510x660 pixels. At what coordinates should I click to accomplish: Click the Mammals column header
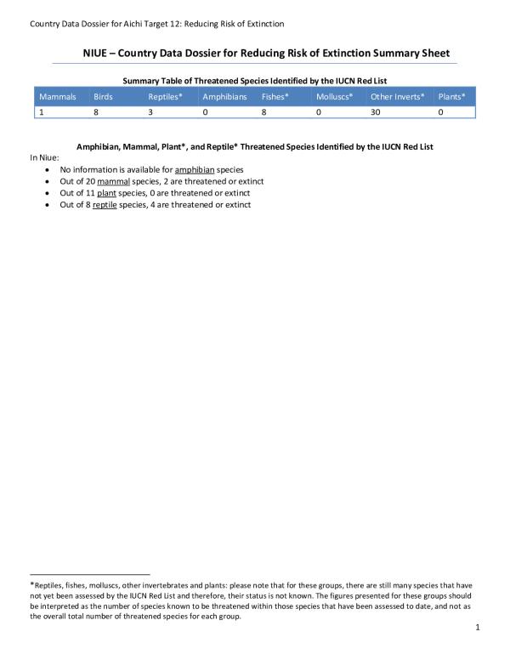point(59,97)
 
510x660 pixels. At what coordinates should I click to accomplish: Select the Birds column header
point(103,97)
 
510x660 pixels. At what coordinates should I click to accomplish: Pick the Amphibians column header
point(224,97)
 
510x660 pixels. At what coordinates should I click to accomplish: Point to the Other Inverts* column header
point(397,97)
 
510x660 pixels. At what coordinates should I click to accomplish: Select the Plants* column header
point(451,97)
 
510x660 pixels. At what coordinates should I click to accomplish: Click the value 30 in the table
point(376,111)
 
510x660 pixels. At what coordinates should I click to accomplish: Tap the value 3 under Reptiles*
point(150,111)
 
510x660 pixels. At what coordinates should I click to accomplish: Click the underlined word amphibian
point(196,170)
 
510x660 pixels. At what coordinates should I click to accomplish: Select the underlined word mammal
point(112,181)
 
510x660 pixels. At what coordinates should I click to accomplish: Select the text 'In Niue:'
point(45,158)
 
